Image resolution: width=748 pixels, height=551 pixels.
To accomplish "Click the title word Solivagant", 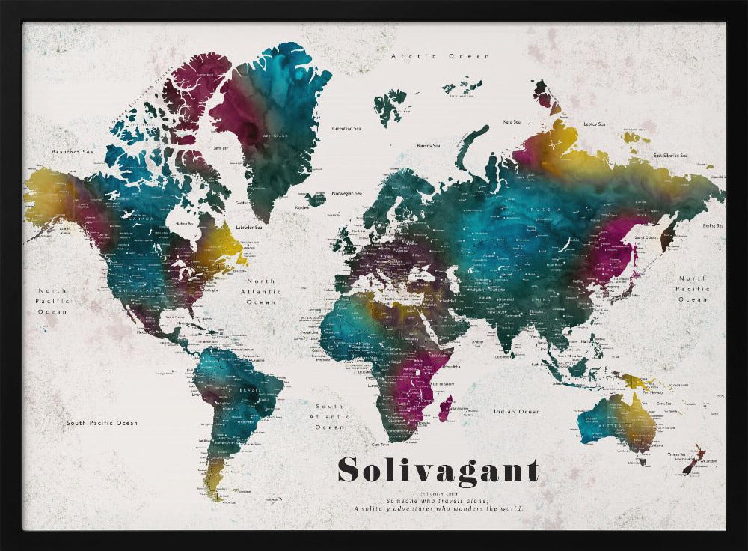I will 438,470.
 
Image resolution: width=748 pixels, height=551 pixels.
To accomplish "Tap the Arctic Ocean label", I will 441,56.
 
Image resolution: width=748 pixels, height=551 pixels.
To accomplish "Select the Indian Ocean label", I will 516,411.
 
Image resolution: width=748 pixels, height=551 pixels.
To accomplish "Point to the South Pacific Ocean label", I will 102,423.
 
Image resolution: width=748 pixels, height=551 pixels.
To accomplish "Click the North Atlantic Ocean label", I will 261,292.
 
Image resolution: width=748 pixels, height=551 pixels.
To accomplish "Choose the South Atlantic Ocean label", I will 329,417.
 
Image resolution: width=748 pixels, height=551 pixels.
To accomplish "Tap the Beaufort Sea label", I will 72,152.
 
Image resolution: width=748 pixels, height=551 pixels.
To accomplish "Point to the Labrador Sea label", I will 248,227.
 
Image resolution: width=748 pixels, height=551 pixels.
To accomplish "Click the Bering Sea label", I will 711,225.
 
